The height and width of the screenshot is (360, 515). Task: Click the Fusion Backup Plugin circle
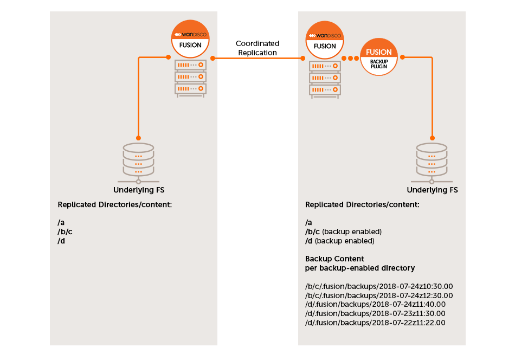click(379, 57)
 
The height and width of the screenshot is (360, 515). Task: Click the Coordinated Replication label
click(257, 48)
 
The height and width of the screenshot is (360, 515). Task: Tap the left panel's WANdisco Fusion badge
click(190, 39)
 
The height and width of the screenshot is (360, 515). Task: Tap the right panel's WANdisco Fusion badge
click(325, 40)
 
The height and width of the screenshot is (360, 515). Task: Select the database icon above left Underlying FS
click(138, 160)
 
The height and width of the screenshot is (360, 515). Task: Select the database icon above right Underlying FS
click(432, 160)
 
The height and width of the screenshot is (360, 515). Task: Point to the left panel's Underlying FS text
click(139, 190)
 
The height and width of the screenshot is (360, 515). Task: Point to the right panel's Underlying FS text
click(432, 190)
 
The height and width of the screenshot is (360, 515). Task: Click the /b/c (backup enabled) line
click(344, 232)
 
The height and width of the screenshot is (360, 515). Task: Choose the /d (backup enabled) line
click(340, 241)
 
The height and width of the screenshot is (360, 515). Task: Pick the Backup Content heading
click(334, 259)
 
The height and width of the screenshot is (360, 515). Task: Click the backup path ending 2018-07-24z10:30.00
click(379, 286)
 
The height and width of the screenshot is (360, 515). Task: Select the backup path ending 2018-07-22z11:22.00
click(375, 323)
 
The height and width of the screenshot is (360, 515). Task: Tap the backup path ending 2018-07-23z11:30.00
click(375, 313)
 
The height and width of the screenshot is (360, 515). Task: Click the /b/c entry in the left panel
click(65, 232)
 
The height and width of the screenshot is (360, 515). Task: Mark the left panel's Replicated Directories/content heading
click(114, 205)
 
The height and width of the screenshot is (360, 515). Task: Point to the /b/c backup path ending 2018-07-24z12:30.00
click(379, 295)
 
